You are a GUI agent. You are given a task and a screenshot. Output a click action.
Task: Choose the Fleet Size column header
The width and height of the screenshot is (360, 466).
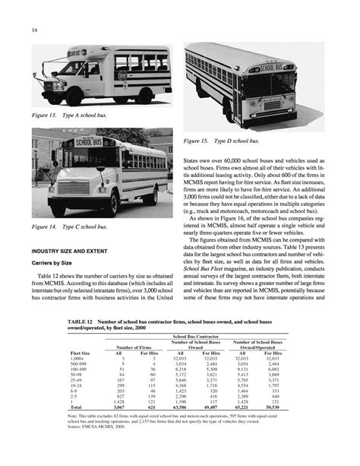[80, 353]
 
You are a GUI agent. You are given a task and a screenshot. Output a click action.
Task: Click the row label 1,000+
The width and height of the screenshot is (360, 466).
[78, 359]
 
